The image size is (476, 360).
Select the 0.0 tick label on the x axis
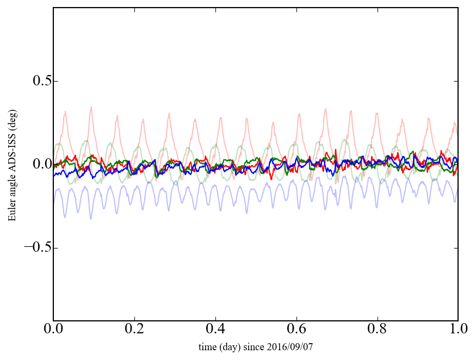click(53, 330)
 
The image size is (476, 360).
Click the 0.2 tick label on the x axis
click(134, 330)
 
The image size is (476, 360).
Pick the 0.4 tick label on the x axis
click(215, 330)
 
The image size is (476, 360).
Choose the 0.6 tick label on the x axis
click(296, 330)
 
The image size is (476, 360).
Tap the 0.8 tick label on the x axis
click(377, 330)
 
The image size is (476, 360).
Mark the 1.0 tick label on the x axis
click(458, 330)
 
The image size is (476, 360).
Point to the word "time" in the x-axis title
click(207, 346)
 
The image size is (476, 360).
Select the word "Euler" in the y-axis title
click(11, 212)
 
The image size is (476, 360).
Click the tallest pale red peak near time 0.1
click(91, 107)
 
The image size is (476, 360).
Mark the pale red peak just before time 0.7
click(326, 109)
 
